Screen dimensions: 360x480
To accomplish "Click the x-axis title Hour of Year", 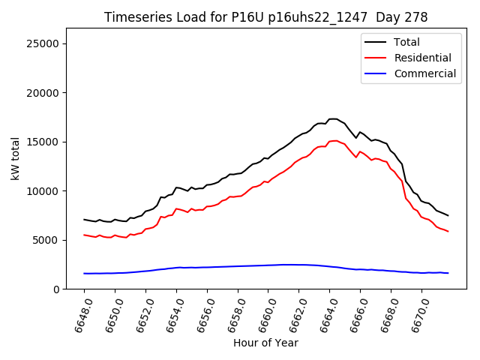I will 265,343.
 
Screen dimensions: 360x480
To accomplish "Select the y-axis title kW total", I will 15,158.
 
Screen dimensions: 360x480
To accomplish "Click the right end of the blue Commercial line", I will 448,273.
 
